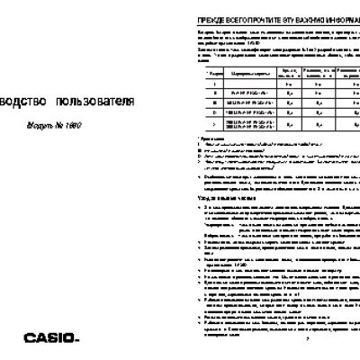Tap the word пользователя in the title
point(98,102)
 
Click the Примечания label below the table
point(209,138)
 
